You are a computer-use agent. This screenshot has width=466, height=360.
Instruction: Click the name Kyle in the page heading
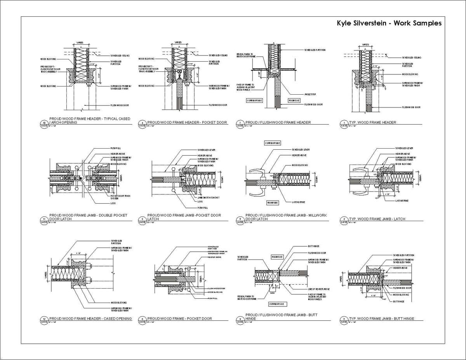coord(344,23)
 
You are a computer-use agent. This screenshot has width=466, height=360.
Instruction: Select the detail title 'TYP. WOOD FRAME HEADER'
coord(372,123)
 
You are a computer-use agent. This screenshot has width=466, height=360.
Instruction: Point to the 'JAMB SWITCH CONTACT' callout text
coord(209,198)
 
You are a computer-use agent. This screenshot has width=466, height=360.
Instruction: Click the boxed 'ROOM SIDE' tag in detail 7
coord(294,100)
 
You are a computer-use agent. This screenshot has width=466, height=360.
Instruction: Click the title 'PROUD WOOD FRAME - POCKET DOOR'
coord(179,318)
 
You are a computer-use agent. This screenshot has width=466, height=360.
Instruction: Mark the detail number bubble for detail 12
coord(43,319)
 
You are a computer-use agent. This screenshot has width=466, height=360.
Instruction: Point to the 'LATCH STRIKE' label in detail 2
coord(402,201)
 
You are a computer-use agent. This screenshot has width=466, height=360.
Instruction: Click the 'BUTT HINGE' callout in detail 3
coord(399,301)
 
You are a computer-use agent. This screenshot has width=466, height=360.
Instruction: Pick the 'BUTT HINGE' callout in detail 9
coord(313,246)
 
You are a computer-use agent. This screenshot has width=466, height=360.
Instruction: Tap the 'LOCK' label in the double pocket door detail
coord(113,203)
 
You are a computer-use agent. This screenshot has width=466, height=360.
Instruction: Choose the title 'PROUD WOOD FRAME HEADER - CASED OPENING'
coord(90,318)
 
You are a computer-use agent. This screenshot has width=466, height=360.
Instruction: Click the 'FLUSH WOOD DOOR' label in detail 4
coord(217,105)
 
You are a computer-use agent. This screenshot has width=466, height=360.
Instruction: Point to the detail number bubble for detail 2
coord(344,219)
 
